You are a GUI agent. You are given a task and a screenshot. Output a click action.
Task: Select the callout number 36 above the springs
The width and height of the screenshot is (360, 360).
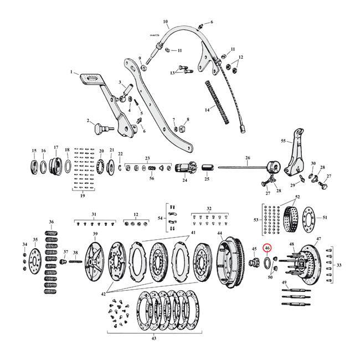pyautogui.click(x=52, y=222)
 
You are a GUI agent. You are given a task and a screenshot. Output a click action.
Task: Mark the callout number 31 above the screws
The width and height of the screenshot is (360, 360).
pyautogui.click(x=94, y=214)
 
